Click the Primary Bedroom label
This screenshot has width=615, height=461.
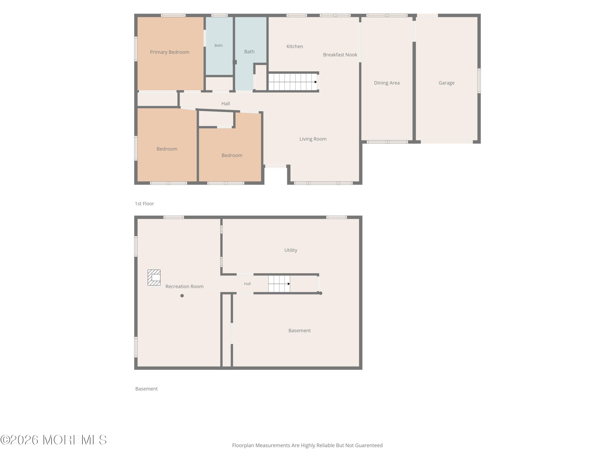pyautogui.click(x=170, y=52)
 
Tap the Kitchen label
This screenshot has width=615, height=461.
pyautogui.click(x=295, y=46)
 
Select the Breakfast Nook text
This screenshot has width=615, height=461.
pyautogui.click(x=340, y=55)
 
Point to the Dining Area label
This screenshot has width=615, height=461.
pyautogui.click(x=387, y=83)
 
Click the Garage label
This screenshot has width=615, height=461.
pyautogui.click(x=446, y=83)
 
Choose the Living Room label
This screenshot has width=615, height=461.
pyautogui.click(x=313, y=139)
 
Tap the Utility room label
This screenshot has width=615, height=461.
pyautogui.click(x=291, y=250)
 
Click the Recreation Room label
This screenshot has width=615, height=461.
pyautogui.click(x=185, y=286)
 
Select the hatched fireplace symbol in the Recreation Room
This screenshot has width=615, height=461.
pyautogui.click(x=154, y=278)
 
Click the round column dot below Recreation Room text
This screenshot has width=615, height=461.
pyautogui.click(x=182, y=296)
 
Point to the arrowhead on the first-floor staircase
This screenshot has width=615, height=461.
pyautogui.click(x=316, y=82)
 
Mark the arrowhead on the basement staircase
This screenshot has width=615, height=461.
pyautogui.click(x=289, y=284)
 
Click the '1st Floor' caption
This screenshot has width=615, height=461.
pyautogui.click(x=144, y=204)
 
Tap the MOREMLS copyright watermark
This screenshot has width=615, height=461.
pyautogui.click(x=53, y=440)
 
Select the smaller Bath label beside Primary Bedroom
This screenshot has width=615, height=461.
pyautogui.click(x=219, y=45)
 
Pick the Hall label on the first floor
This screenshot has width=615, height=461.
pyautogui.click(x=225, y=104)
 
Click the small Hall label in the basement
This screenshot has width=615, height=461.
pyautogui.click(x=247, y=284)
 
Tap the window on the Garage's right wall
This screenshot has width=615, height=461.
pyautogui.click(x=479, y=81)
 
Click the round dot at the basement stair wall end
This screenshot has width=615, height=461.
pyautogui.click(x=321, y=293)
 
